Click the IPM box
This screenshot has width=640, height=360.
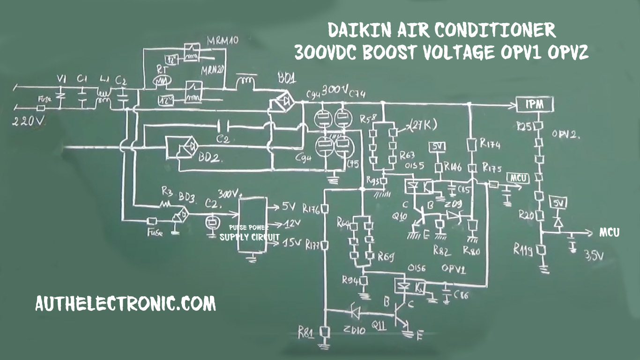coord(535,105)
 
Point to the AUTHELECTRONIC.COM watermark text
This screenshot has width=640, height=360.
coord(126,304)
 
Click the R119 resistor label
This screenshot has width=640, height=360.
coord(523,249)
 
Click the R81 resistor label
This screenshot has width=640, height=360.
coord(307,333)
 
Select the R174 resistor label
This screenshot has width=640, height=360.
coord(491,144)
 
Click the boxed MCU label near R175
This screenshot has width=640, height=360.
coord(517,178)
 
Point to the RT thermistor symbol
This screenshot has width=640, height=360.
coord(162,80)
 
